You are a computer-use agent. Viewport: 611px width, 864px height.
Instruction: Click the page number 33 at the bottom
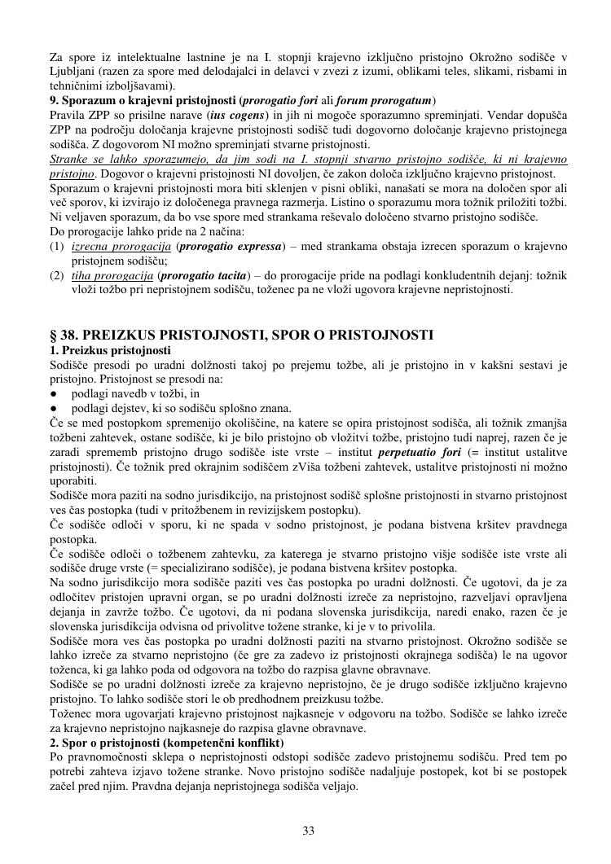coord(308,831)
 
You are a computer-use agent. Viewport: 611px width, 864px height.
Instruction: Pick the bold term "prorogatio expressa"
coord(231,246)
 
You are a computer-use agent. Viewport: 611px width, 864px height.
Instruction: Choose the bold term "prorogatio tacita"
coord(211,275)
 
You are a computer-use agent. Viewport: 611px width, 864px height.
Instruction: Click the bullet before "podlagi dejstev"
coord(54,407)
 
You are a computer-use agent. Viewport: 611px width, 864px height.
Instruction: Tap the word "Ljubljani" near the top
coord(71,71)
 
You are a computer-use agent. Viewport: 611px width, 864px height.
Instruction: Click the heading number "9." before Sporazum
coord(55,101)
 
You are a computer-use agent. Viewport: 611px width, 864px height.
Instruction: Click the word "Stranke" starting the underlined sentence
coord(70,159)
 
